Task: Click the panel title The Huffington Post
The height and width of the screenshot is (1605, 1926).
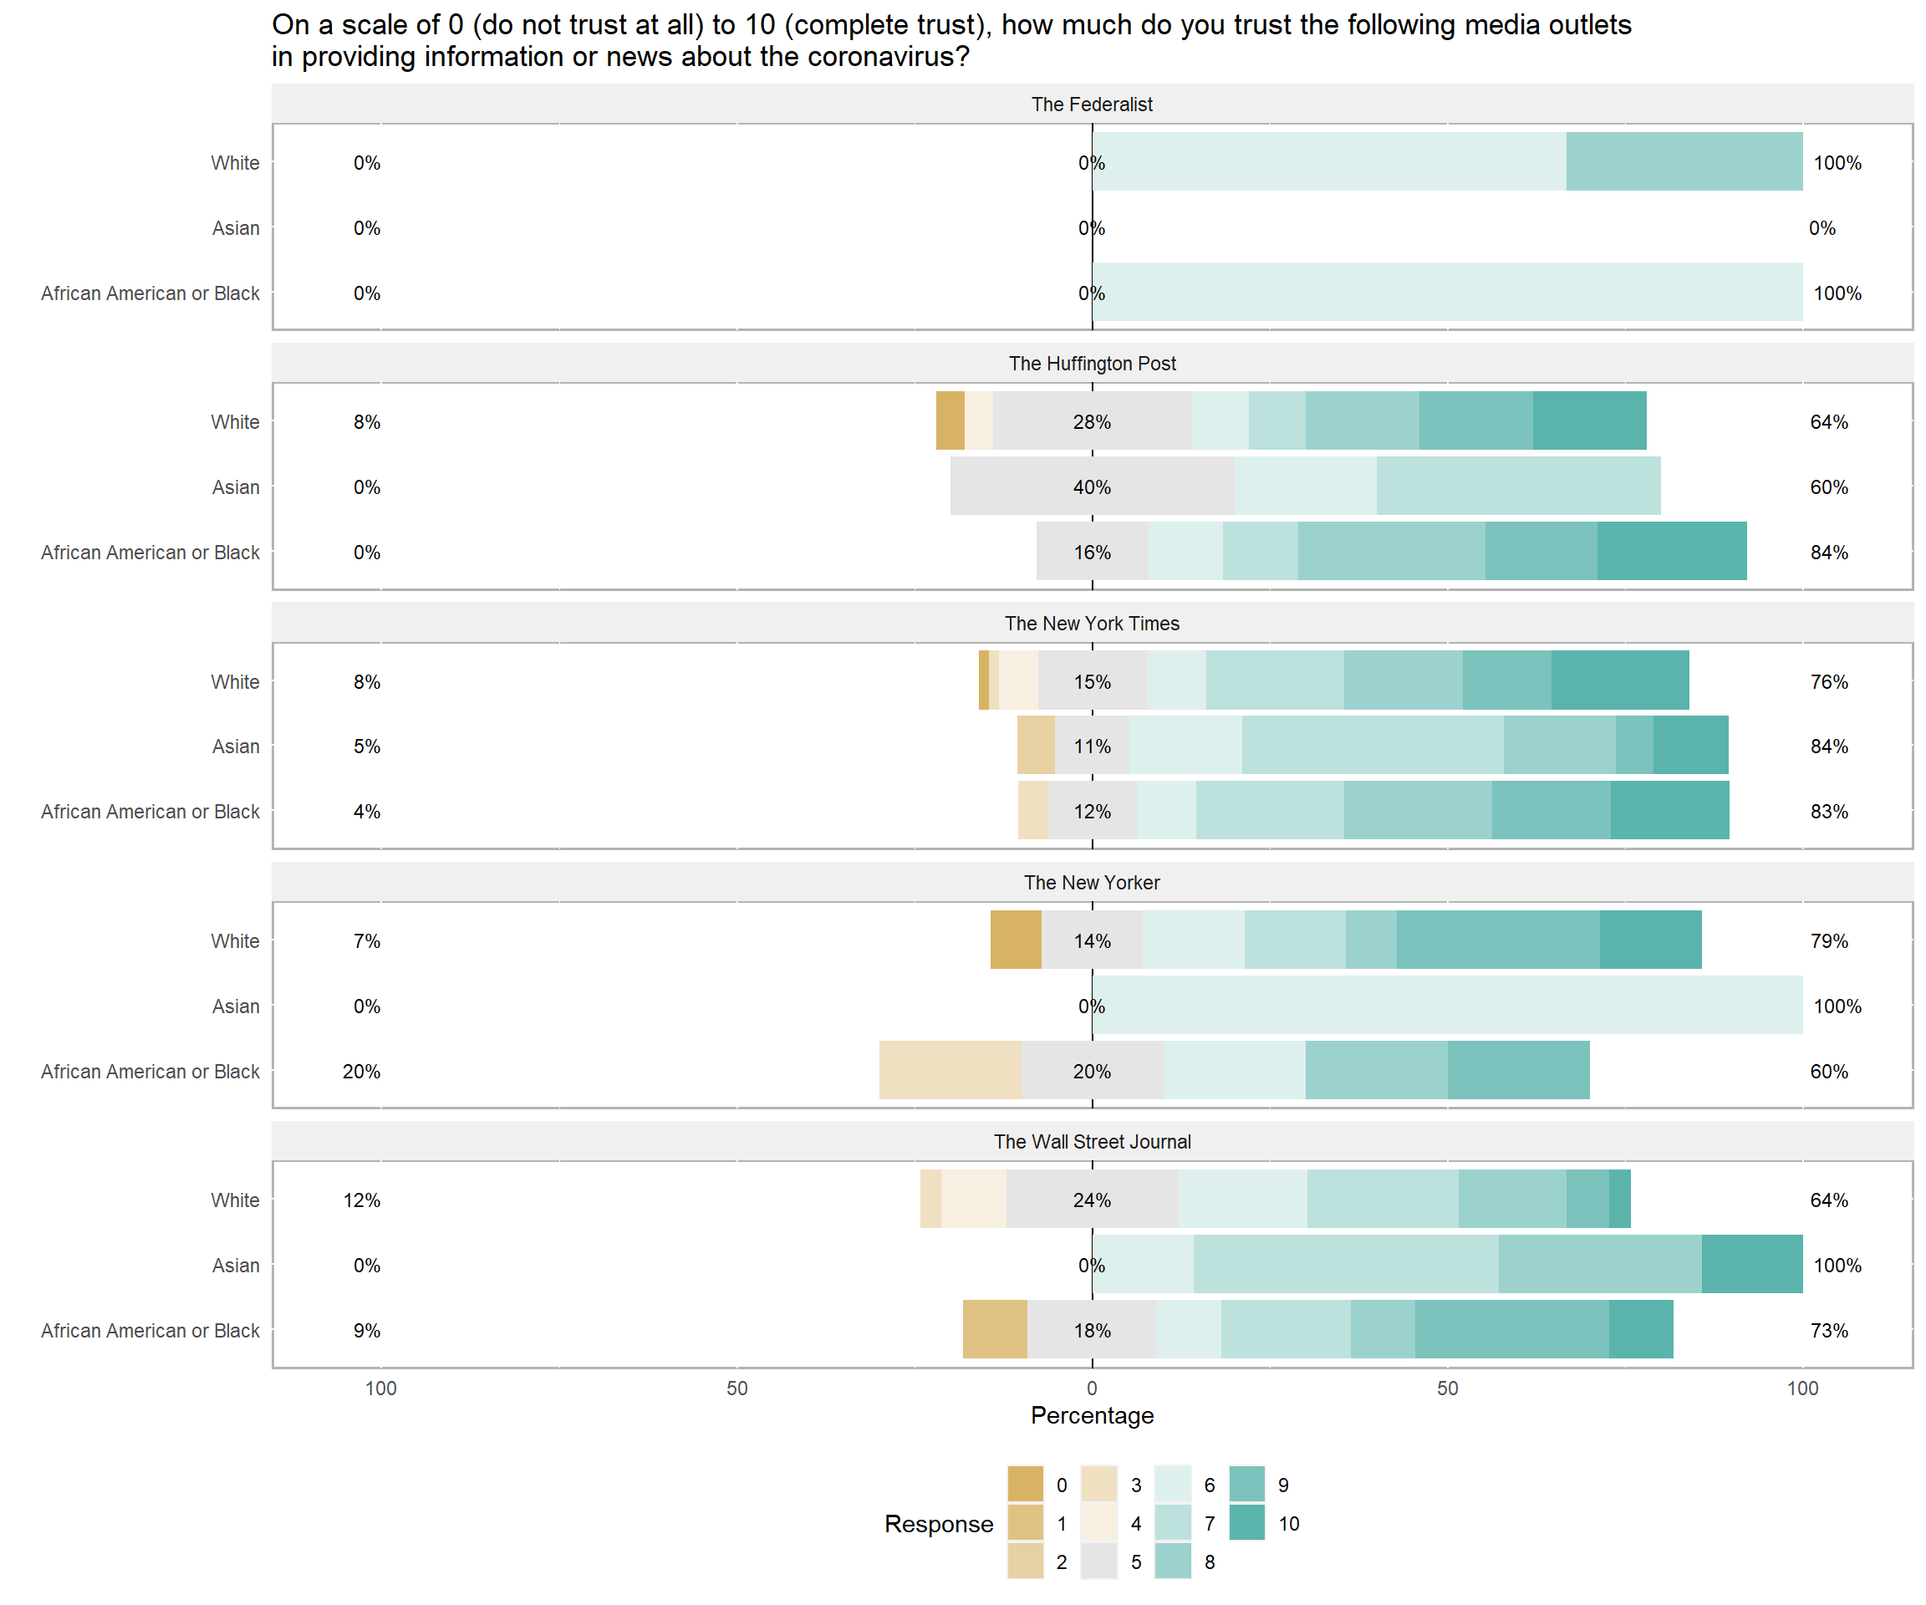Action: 1092,363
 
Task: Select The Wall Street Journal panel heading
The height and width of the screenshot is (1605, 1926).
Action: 1092,1142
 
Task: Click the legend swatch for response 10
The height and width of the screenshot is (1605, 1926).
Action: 1246,1523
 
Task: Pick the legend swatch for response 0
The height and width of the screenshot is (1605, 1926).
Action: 1026,1485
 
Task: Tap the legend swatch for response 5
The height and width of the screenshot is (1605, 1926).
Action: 1098,1562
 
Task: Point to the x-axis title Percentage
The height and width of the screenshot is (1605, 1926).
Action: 1092,1415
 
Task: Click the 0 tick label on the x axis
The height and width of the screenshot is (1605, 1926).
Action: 1092,1388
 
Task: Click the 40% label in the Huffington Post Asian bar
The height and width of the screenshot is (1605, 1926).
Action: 1092,487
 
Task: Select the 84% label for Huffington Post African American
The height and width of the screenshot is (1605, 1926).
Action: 1829,552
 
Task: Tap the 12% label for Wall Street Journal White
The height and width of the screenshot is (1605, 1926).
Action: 361,1200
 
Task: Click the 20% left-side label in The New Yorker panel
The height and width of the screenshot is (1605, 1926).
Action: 361,1071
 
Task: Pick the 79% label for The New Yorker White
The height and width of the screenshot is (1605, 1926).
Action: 1829,941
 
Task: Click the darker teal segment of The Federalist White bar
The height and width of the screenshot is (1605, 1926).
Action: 1684,161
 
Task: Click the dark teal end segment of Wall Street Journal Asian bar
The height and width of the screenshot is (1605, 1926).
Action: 1752,1264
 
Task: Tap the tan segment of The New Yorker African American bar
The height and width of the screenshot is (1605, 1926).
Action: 950,1070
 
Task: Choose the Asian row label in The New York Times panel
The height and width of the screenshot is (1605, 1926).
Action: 236,746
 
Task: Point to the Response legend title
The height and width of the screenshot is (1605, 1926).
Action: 938,1523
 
